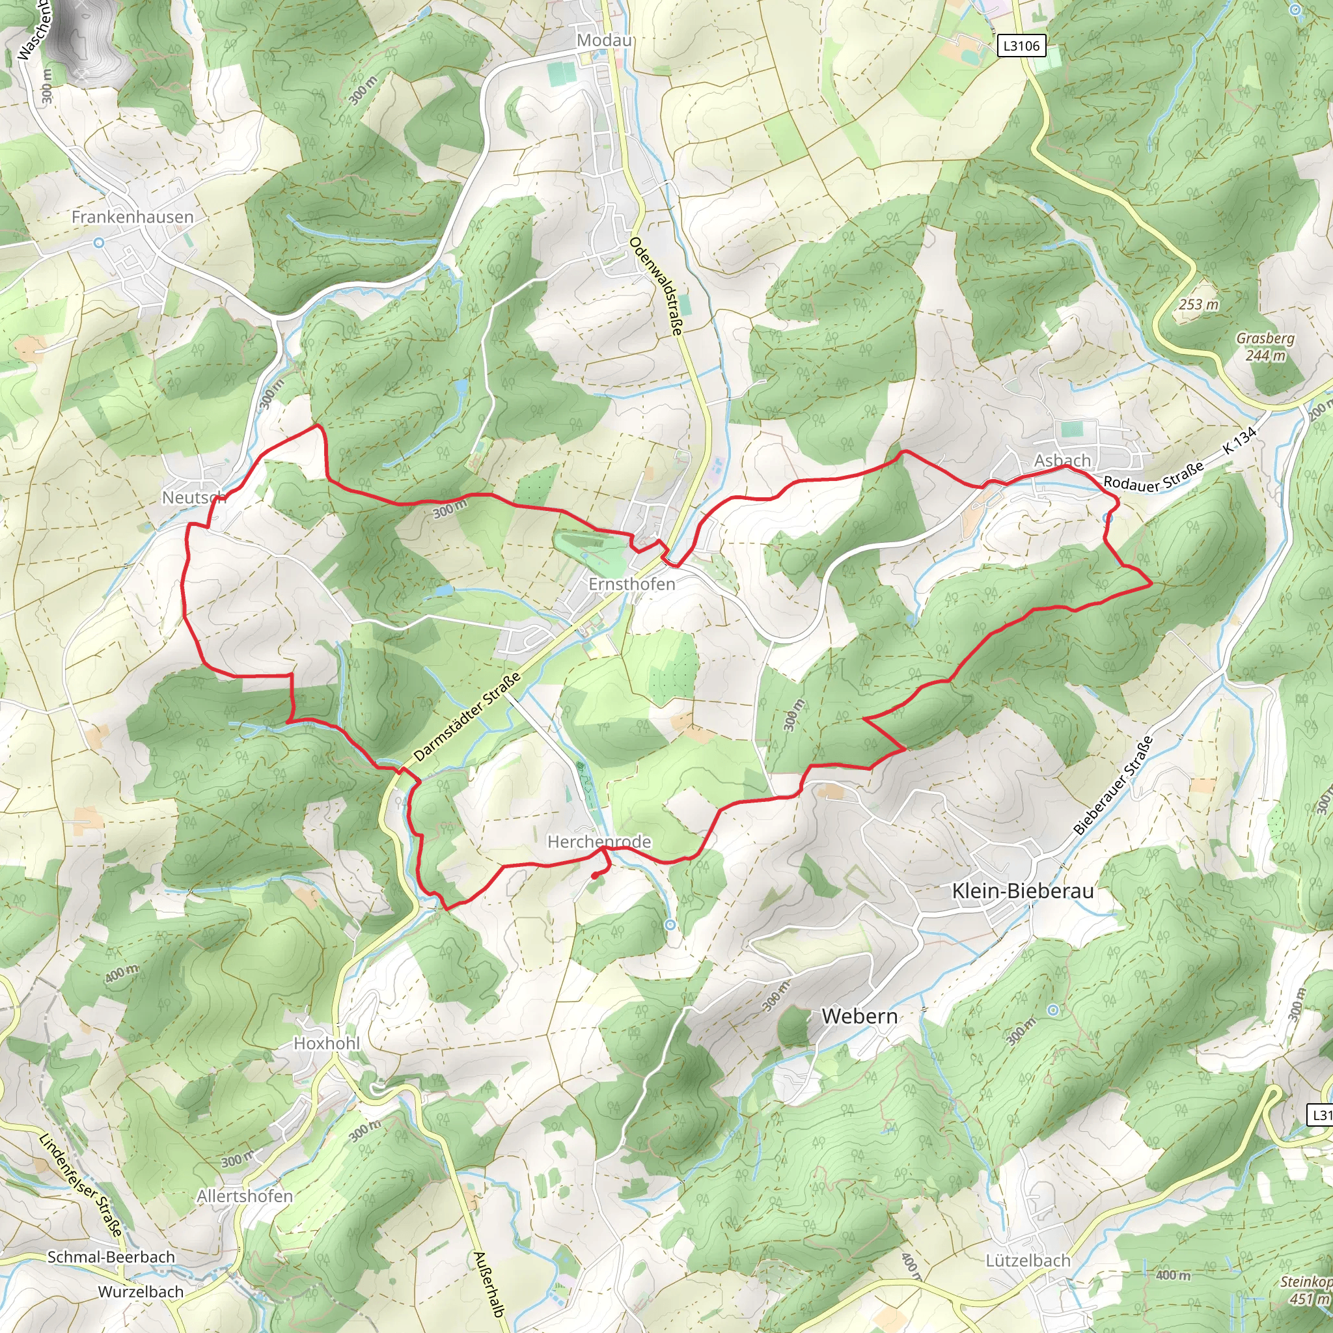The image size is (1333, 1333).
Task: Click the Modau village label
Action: click(x=605, y=41)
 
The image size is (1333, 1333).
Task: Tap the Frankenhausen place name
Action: click(x=133, y=217)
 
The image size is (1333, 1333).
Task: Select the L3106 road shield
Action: click(x=1021, y=46)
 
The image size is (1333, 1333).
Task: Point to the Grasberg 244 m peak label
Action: click(x=1265, y=346)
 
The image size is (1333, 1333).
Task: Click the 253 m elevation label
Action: click(x=1198, y=304)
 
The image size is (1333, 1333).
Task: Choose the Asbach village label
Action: click(x=1062, y=460)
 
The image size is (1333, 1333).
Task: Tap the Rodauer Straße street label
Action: click(x=1153, y=476)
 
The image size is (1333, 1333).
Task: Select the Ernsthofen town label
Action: click(x=631, y=584)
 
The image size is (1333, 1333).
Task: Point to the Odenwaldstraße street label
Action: click(x=655, y=286)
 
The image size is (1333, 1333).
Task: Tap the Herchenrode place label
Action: click(x=599, y=842)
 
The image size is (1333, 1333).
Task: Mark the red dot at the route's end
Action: click(x=595, y=876)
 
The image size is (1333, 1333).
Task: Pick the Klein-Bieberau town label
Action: click(x=1023, y=891)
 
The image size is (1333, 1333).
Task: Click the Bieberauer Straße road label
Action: click(x=1113, y=786)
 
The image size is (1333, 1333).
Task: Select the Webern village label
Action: click(x=859, y=1016)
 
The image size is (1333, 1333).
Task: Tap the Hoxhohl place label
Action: click(x=327, y=1043)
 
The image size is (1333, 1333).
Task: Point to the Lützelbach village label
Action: click(x=1028, y=1261)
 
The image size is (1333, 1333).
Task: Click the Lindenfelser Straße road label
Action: click(x=81, y=1184)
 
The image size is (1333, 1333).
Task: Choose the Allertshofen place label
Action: click(x=245, y=1196)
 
